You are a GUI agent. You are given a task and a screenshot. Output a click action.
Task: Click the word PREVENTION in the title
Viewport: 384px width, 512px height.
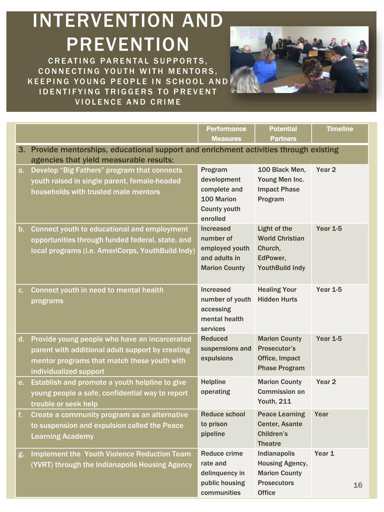click(128, 44)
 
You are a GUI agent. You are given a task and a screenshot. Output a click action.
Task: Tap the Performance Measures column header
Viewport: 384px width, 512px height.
click(226, 134)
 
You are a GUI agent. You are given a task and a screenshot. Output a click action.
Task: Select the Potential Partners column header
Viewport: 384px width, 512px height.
click(283, 134)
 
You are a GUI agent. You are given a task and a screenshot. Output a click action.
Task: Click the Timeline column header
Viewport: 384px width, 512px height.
click(340, 129)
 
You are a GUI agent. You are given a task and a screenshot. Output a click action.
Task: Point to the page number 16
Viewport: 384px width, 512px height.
click(358, 485)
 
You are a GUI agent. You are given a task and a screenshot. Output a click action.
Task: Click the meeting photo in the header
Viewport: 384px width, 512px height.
click(299, 60)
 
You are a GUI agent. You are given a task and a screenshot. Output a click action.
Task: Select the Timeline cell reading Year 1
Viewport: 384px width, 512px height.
click(324, 453)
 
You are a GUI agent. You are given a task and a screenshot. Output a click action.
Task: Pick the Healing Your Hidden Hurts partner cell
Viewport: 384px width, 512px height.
click(277, 294)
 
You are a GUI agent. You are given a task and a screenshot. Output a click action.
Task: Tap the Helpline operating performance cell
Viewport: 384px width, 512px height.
click(216, 387)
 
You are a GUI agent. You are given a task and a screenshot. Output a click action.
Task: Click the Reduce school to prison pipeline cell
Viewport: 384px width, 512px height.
click(223, 424)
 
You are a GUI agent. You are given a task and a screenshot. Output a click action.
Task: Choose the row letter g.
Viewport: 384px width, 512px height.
click(21, 454)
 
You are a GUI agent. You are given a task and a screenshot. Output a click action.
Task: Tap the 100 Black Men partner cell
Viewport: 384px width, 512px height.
click(282, 170)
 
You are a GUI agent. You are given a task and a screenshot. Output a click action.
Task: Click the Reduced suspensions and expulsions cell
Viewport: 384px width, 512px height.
click(226, 348)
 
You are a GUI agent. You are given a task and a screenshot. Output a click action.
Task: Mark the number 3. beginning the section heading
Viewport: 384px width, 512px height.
click(22, 150)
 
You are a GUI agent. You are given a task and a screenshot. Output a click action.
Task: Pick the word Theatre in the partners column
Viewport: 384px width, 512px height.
click(269, 444)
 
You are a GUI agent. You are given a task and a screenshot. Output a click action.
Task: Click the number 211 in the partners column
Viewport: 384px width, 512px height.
click(285, 401)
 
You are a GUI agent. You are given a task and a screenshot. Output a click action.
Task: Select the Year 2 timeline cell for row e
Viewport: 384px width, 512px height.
click(326, 382)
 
